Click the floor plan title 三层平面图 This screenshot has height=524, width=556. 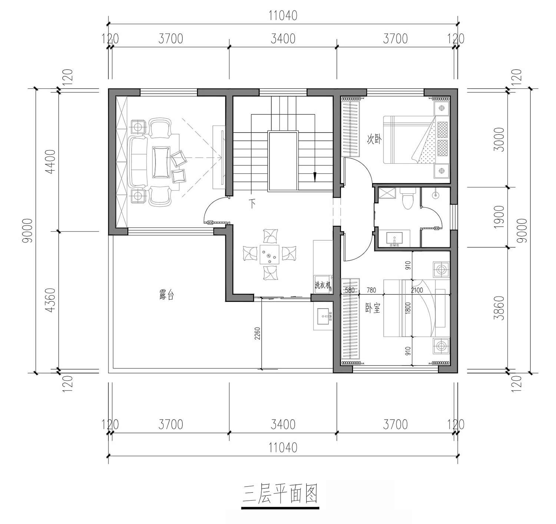[x=280, y=494]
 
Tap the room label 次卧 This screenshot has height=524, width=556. [x=374, y=139]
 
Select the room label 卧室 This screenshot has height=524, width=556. [x=373, y=308]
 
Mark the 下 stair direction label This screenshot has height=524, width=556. [x=252, y=203]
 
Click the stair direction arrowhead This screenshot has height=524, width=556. [x=315, y=177]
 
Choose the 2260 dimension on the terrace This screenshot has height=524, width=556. [x=257, y=334]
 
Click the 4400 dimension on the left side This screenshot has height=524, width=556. [x=50, y=162]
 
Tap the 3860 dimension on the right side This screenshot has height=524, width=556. [x=499, y=308]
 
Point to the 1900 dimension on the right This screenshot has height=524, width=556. [x=499, y=217]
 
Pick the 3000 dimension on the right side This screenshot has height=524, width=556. [x=499, y=139]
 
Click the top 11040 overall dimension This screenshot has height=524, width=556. [x=283, y=16]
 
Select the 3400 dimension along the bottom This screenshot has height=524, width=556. [x=283, y=424]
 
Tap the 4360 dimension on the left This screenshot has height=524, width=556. [x=50, y=300]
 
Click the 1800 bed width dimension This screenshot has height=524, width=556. [x=408, y=308]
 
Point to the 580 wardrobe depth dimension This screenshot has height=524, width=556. [x=350, y=290]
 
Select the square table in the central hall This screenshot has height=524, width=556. [x=269, y=254]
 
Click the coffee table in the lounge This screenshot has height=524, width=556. [x=161, y=162]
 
